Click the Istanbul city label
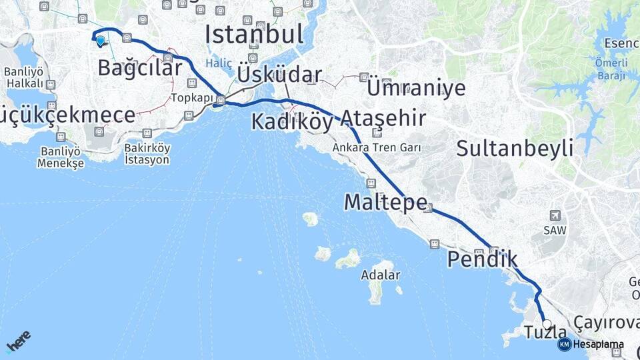click(254, 34)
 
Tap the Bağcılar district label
click(139, 67)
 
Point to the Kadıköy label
click(291, 121)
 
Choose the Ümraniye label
click(416, 88)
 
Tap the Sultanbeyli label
click(515, 148)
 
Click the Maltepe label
click(385, 202)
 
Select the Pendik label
click(482, 259)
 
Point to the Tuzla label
click(545, 333)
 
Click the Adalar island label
click(380, 275)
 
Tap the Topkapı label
click(192, 97)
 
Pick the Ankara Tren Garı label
click(377, 147)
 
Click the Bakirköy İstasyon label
click(147, 154)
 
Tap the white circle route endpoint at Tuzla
click(547, 324)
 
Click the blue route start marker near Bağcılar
click(100, 41)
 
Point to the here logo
click(18, 341)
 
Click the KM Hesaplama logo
click(591, 345)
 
